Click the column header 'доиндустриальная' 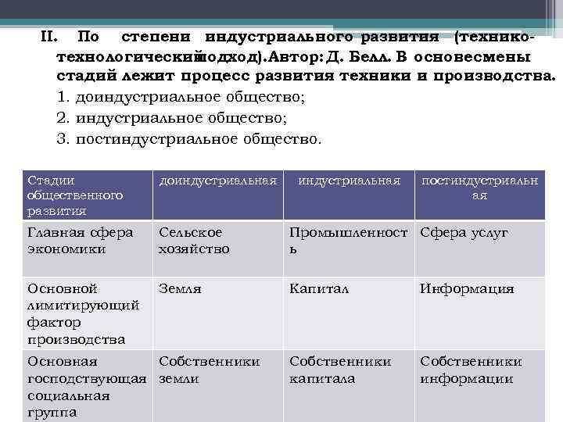pyautogui.click(x=218, y=181)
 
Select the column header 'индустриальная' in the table pyautogui.click(x=349, y=181)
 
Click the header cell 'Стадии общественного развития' pyautogui.click(x=75, y=195)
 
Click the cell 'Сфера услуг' pyautogui.click(x=464, y=233)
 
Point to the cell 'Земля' pyautogui.click(x=181, y=288)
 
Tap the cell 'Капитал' pyautogui.click(x=319, y=288)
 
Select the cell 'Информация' pyautogui.click(x=467, y=288)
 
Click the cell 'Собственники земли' pyautogui.click(x=209, y=370)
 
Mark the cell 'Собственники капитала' pyautogui.click(x=340, y=370)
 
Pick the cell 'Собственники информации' pyautogui.click(x=471, y=370)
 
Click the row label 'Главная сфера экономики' pyautogui.click(x=80, y=241)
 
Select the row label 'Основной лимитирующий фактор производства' pyautogui.click(x=83, y=313)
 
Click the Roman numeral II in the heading pyautogui.click(x=49, y=36)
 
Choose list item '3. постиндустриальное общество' pyautogui.click(x=189, y=139)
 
